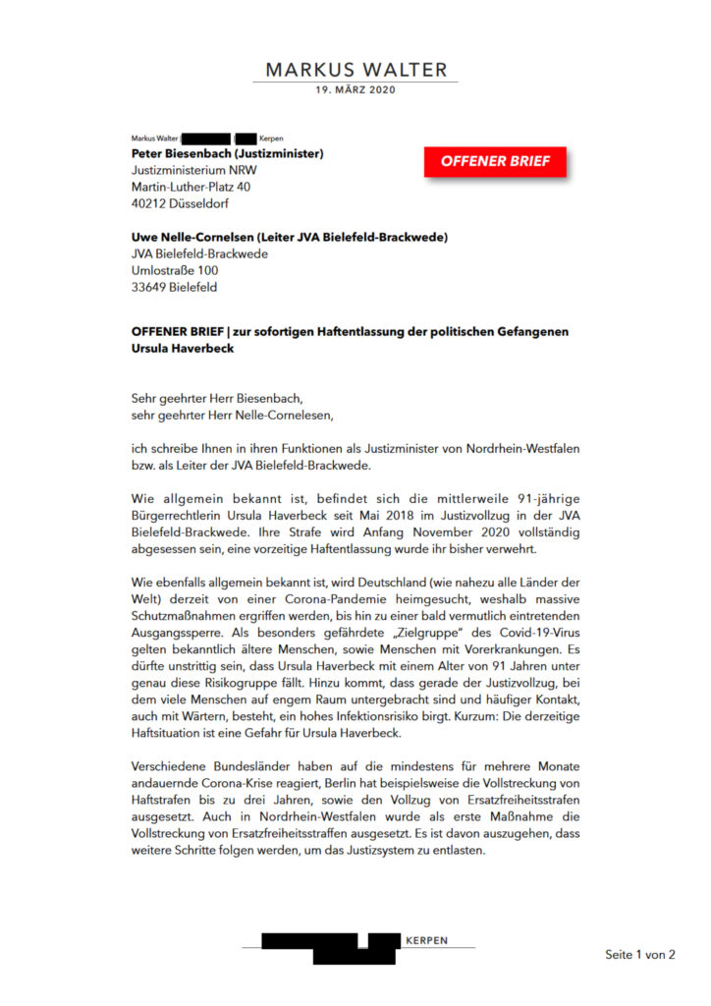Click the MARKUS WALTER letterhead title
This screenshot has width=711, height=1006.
pyautogui.click(x=355, y=70)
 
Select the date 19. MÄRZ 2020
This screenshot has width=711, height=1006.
pyautogui.click(x=355, y=90)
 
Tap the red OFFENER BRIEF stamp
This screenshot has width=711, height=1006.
pyautogui.click(x=495, y=161)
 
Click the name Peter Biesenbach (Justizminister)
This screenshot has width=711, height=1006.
pyautogui.click(x=227, y=153)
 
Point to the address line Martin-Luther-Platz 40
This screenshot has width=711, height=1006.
pyautogui.click(x=191, y=187)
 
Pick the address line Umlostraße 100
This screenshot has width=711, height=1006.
pyautogui.click(x=175, y=271)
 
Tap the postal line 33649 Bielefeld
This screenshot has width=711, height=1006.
pyautogui.click(x=174, y=288)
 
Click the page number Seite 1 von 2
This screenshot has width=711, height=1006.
pyautogui.click(x=640, y=954)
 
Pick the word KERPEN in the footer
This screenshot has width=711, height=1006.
pyautogui.click(x=426, y=940)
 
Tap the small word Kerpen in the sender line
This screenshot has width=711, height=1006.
pyautogui.click(x=271, y=139)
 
